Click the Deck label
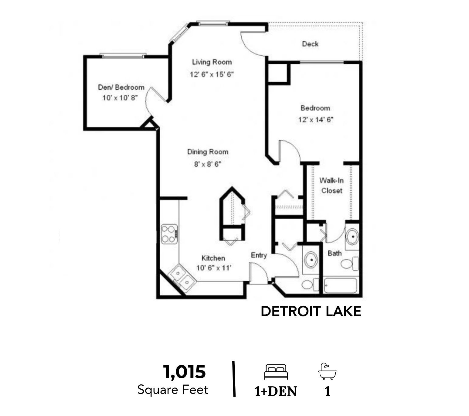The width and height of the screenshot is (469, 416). click(x=310, y=44)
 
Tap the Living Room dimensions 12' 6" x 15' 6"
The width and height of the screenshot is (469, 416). click(x=212, y=74)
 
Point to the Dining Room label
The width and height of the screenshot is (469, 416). click(x=208, y=152)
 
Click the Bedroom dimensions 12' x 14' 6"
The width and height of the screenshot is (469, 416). click(x=316, y=120)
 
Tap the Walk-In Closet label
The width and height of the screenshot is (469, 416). click(x=331, y=186)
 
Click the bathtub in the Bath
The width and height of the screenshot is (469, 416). click(x=341, y=285)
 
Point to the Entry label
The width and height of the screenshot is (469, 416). click(x=259, y=255)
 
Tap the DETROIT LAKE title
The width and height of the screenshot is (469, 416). click(x=311, y=311)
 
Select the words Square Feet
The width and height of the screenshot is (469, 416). click(x=173, y=390)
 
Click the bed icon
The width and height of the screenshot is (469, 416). click(x=276, y=372)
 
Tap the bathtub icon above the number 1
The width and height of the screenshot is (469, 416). click(x=328, y=371)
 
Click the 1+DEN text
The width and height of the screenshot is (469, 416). click(x=276, y=391)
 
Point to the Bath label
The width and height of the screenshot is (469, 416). click(x=335, y=254)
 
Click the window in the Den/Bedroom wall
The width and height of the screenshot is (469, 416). click(x=123, y=56)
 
